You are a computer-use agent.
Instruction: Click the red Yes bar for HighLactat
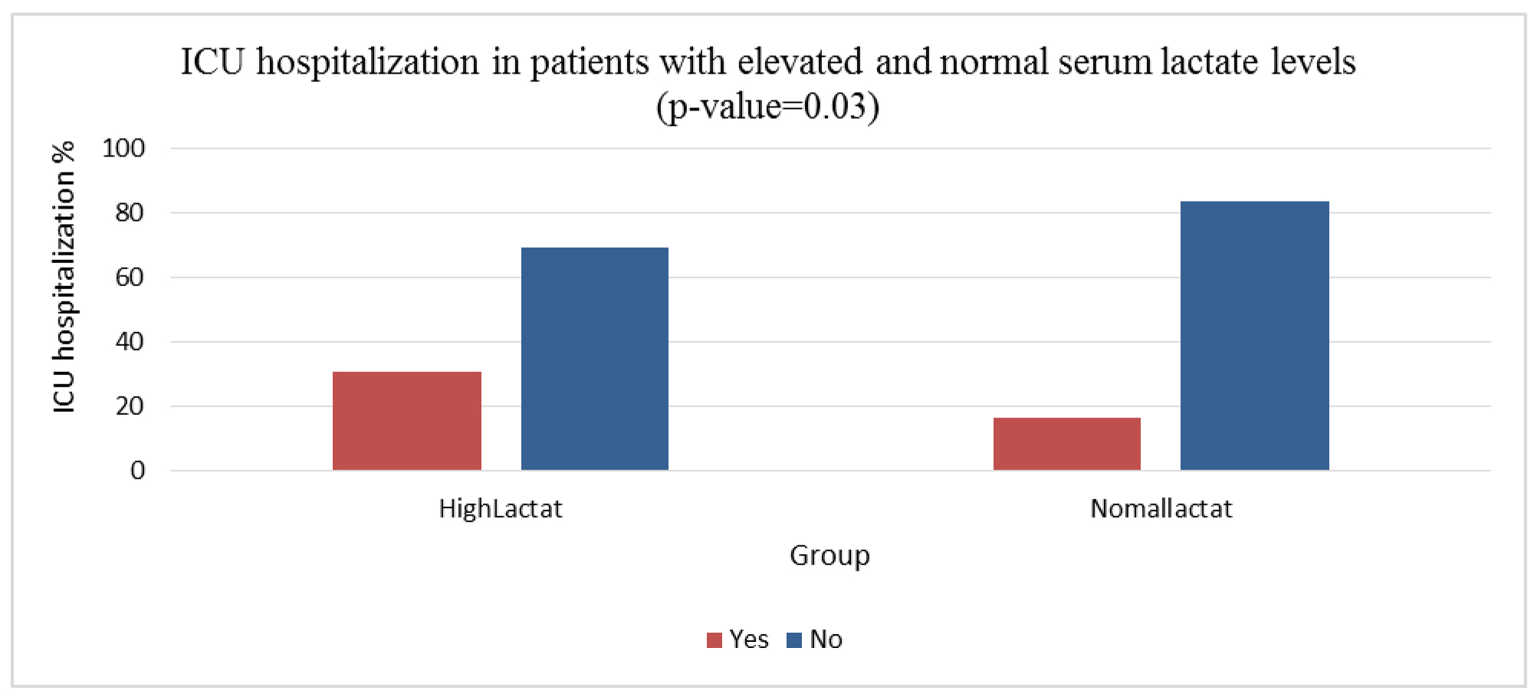pos(406,420)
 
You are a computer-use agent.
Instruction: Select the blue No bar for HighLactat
pos(594,358)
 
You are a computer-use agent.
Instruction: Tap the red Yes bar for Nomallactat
pos(1066,443)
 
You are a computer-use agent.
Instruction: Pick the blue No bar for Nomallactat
pos(1254,335)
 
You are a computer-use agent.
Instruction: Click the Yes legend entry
pos(737,639)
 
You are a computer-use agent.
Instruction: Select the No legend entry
pos(815,639)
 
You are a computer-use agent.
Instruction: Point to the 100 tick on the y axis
pos(123,148)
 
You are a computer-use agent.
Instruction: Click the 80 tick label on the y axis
pos(130,212)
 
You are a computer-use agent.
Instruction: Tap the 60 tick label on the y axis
pos(130,277)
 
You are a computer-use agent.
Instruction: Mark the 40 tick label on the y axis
pos(130,341)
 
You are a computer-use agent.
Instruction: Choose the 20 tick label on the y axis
pos(130,406)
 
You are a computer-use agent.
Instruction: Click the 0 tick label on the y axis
pos(137,470)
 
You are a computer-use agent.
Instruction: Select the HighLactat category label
pos(500,508)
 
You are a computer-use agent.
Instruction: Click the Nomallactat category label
pos(1161,508)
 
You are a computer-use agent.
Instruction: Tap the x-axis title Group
pos(829,555)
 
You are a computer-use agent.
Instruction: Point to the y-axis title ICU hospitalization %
pos(64,277)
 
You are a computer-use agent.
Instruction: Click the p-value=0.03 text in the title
pos(767,106)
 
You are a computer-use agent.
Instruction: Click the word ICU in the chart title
pos(212,61)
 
